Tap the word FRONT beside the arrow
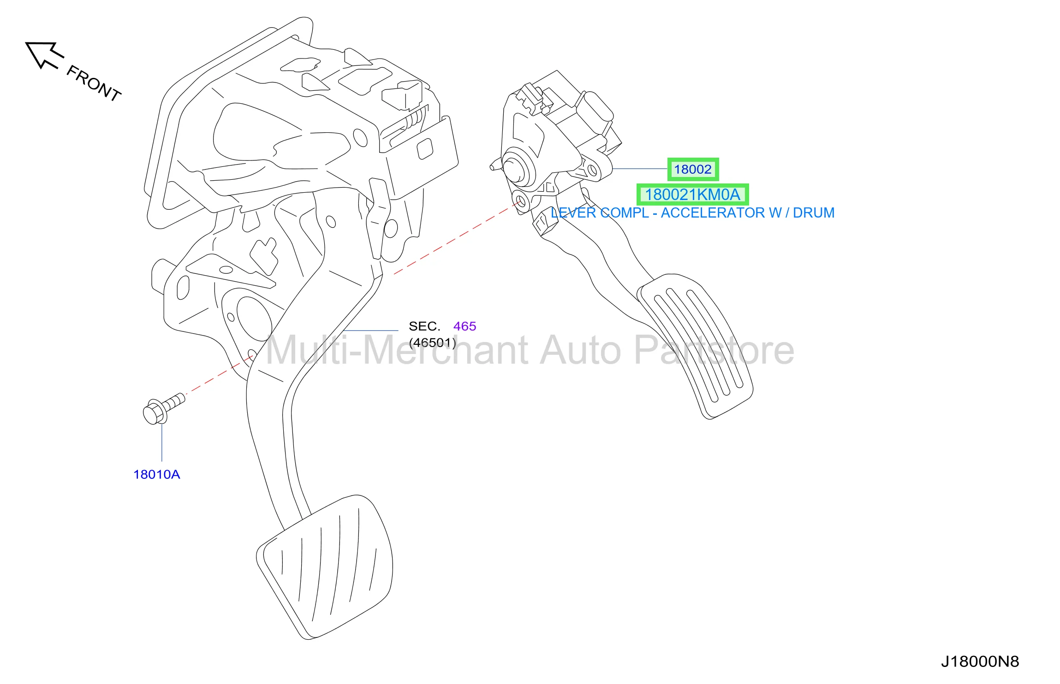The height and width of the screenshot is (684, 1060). (x=94, y=83)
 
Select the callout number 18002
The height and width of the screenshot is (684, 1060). (x=692, y=170)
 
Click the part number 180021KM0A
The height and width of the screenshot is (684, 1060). (x=692, y=195)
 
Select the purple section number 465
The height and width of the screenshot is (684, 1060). (x=464, y=326)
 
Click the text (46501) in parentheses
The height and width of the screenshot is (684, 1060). (x=432, y=342)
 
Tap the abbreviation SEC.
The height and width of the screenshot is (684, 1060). (x=424, y=326)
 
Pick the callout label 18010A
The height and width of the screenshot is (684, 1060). (x=156, y=474)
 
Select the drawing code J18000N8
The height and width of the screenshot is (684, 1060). (x=980, y=661)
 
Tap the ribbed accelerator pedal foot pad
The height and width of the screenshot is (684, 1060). (x=695, y=346)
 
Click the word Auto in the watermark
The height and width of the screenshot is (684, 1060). (x=581, y=350)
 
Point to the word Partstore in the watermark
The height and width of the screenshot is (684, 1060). (x=714, y=350)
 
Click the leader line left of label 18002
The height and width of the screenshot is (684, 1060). (x=640, y=169)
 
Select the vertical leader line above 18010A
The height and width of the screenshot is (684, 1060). (x=162, y=442)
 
